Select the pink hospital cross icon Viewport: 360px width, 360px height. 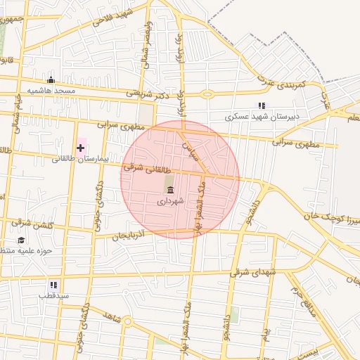pyautogui.click(x=81, y=148)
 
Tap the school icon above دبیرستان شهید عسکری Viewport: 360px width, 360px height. pyautogui.click(x=262, y=105)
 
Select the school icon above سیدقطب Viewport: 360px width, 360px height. pyautogui.click(x=53, y=285)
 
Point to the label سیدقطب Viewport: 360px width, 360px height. pyautogui.click(x=53, y=296)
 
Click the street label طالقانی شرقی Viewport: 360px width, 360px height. pyautogui.click(x=143, y=167)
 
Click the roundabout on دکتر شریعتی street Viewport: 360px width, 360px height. pyautogui.click(x=207, y=94)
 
